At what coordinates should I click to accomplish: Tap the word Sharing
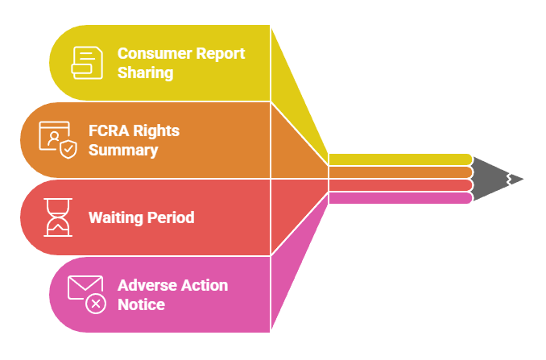tap(145, 72)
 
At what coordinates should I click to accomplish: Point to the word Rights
tap(157, 131)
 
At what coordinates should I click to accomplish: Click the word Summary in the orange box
tap(123, 150)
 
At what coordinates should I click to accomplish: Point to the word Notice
tap(141, 304)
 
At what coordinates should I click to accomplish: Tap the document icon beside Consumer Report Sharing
tap(87, 62)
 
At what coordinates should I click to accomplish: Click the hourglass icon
tap(58, 217)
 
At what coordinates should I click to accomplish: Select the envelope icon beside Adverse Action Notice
tap(84, 288)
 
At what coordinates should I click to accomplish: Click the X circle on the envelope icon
tap(96, 304)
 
